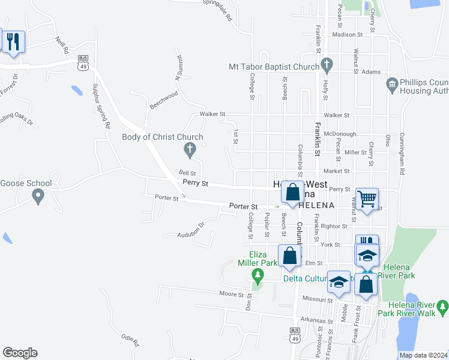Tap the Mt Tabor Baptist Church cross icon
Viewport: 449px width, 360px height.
(327, 63)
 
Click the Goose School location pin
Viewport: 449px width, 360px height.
(38, 195)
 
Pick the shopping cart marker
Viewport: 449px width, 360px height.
(367, 199)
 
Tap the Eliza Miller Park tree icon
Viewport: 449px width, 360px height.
(258, 276)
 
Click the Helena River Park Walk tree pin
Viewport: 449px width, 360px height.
(442, 307)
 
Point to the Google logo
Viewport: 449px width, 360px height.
(20, 353)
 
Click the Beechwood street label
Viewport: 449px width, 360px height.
(164, 99)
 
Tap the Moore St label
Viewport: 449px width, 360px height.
(231, 295)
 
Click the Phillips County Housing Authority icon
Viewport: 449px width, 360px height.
(393, 85)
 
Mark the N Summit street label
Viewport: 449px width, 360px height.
(178, 68)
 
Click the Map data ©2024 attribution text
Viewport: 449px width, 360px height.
(423, 355)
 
